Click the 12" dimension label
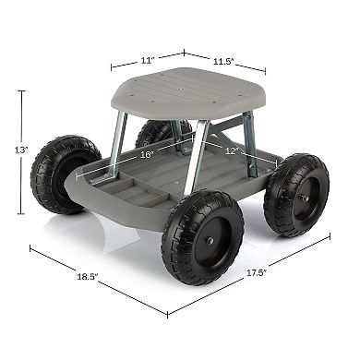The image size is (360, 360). (x=230, y=150)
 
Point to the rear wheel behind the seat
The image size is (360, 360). (x=159, y=135)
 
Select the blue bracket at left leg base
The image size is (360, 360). (x=109, y=174)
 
